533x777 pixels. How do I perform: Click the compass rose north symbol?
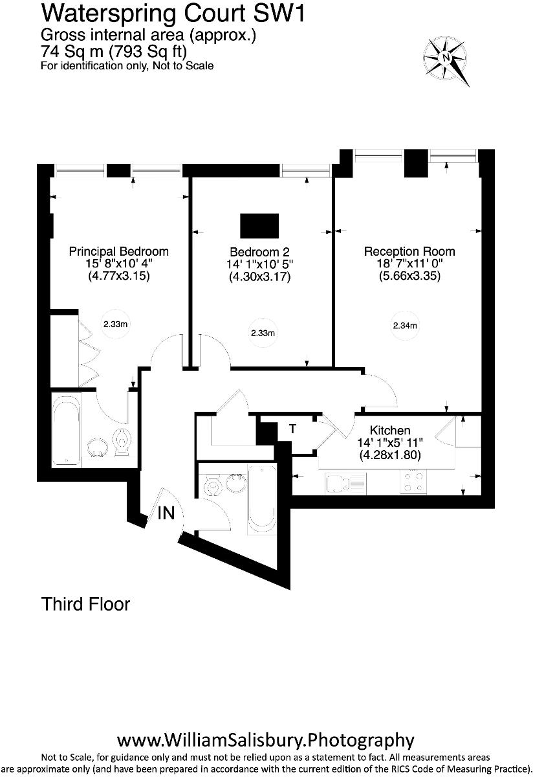pos(447,57)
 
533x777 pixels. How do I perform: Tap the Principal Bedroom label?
pos(119,251)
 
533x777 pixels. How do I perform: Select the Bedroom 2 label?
pos(259,252)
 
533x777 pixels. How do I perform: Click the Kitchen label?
pos(390,431)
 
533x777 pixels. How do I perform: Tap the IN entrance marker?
pos(166,513)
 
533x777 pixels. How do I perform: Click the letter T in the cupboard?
pos(292,429)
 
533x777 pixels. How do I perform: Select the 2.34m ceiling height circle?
pos(405,326)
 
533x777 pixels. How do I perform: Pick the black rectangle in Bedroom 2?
pos(259,226)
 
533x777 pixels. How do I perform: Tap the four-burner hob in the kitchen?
pos(414,482)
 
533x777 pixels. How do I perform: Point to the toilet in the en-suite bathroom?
pos(122,442)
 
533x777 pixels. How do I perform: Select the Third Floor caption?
pos(85,604)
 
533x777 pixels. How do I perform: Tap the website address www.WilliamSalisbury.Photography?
pos(265,739)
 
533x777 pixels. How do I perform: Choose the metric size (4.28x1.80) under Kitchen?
pos(390,455)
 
